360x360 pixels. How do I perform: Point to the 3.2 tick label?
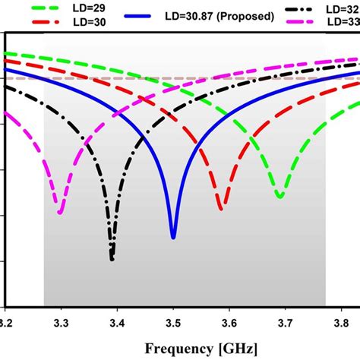tap(6, 323)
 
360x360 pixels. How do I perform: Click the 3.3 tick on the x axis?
tap(62, 323)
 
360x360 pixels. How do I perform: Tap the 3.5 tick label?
tap(173, 323)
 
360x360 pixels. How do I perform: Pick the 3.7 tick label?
tap(285, 323)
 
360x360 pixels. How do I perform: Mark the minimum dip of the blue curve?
tap(173, 237)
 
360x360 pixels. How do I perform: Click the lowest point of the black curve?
tap(112, 259)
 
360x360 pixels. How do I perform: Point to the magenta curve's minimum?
tap(60, 213)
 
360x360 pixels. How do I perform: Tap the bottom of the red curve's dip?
tap(220, 208)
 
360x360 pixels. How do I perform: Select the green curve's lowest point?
tap(279, 197)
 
